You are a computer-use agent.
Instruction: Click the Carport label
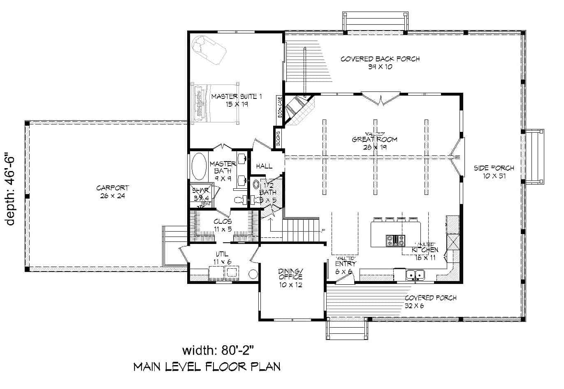(x=113, y=192)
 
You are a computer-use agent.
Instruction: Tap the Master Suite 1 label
(x=236, y=100)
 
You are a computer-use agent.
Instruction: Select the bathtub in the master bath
(x=200, y=167)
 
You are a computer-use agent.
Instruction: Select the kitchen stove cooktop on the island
(x=394, y=240)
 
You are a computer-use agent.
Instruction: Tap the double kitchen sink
(x=415, y=274)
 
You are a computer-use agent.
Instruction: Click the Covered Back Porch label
(x=380, y=63)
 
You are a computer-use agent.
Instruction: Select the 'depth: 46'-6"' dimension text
(x=11, y=189)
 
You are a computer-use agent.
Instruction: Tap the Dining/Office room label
(x=290, y=277)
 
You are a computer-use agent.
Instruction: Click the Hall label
(x=264, y=166)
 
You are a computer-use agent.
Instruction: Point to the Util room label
(x=223, y=258)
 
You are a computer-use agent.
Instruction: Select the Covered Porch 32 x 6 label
(x=430, y=302)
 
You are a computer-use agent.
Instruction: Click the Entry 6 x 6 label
(x=346, y=267)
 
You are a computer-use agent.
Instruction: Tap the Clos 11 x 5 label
(x=223, y=225)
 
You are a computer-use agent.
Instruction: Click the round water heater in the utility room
(x=252, y=274)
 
